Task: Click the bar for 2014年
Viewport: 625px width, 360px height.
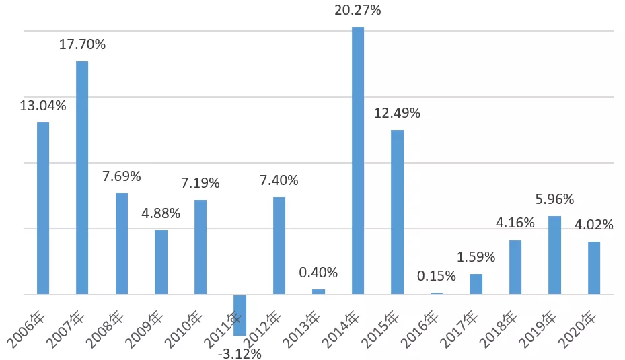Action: (x=358, y=161)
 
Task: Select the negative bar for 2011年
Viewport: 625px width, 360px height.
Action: (x=240, y=316)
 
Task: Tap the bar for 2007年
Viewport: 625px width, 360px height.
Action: (x=82, y=178)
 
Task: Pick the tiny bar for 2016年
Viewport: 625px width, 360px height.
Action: (x=437, y=293)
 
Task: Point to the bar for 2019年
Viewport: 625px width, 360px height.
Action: (x=554, y=255)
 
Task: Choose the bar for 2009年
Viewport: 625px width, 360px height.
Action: (x=161, y=262)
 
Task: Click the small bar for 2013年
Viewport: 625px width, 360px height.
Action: (x=318, y=292)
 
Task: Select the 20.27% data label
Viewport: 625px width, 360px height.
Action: (x=357, y=9)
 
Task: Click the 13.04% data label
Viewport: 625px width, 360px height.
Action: (x=43, y=106)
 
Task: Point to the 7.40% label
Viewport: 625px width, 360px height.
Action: (x=279, y=180)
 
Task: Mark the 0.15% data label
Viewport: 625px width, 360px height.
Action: (x=437, y=275)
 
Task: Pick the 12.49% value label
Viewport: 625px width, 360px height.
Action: (x=397, y=113)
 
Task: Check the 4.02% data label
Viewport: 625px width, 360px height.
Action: (x=593, y=225)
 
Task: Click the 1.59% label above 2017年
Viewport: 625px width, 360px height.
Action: (x=476, y=257)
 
